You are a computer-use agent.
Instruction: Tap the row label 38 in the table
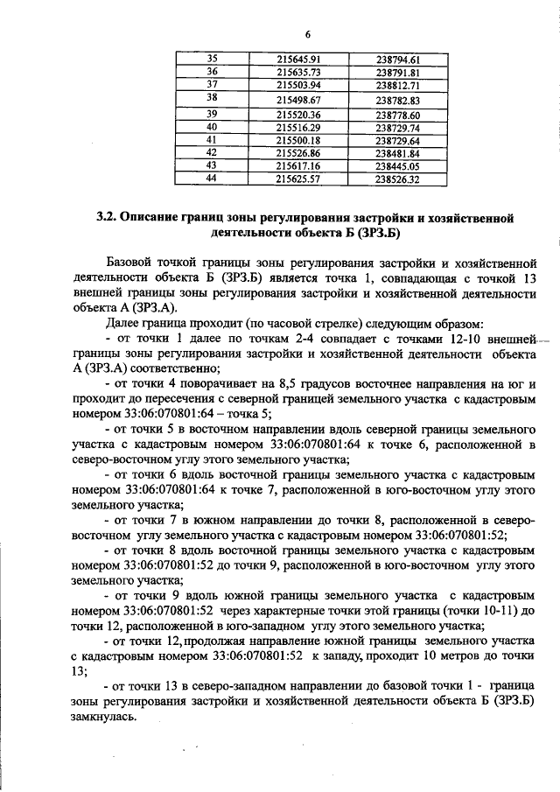click(x=211, y=99)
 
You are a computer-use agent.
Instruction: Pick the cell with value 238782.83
click(x=398, y=100)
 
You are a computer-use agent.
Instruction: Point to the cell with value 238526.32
click(x=398, y=179)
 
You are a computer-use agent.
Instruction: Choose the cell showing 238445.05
click(x=398, y=165)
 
